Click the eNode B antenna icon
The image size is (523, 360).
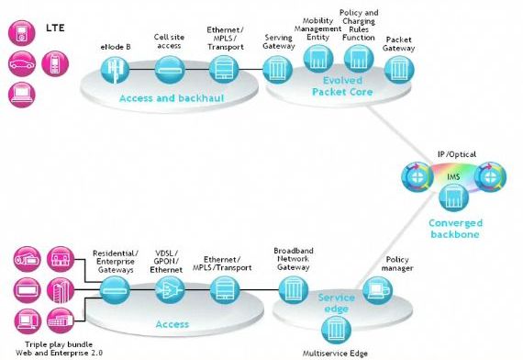[x=115, y=70]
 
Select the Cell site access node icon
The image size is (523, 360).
[x=170, y=70]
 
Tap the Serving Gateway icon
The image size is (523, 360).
[x=277, y=70]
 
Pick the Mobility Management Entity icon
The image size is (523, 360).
[x=318, y=59]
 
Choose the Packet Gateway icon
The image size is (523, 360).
[x=399, y=70]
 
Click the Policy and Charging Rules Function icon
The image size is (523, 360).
[x=359, y=59]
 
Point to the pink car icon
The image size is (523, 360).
[x=22, y=63]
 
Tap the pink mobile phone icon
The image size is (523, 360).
[x=55, y=63]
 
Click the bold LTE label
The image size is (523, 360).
[x=55, y=28]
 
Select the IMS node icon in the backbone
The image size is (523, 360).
[x=453, y=197]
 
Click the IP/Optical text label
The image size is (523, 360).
[x=457, y=154]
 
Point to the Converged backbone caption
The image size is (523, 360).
[x=455, y=229]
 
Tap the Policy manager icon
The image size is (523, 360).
[x=378, y=290]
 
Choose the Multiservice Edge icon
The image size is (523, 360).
[x=336, y=330]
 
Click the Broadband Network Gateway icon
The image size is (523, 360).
[x=294, y=290]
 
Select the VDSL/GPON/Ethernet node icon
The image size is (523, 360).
[x=170, y=290]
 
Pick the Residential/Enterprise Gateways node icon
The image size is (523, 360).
[x=115, y=290]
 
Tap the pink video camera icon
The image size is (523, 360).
[x=27, y=259]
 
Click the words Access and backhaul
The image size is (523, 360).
[x=172, y=98]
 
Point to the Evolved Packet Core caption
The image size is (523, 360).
[x=342, y=85]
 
